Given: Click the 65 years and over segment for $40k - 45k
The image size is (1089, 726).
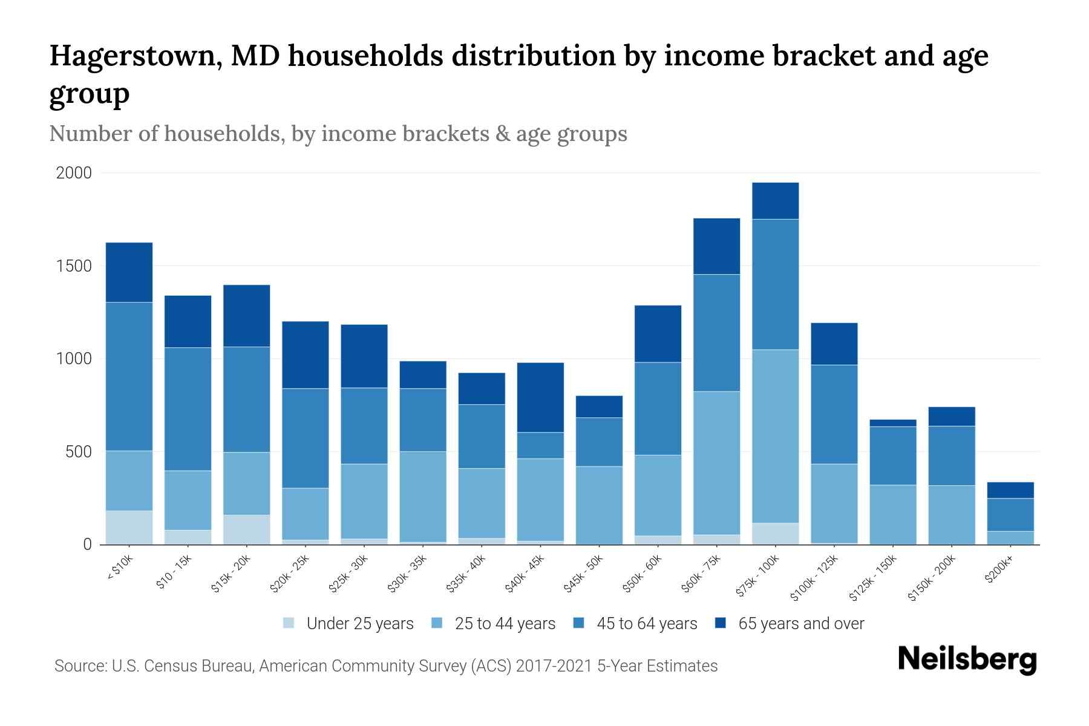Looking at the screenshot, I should tap(540, 397).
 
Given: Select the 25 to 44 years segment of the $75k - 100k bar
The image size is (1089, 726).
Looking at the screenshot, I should tap(775, 436).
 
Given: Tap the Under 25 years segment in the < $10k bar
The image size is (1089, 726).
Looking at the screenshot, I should tap(129, 527).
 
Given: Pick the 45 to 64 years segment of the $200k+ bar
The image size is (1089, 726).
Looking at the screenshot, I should tap(1010, 514).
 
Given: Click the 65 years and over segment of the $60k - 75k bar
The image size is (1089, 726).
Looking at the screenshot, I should tap(716, 246).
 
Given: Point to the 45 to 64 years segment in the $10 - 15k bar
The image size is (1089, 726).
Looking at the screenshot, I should tap(188, 408).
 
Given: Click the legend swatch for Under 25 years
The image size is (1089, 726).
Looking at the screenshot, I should tap(289, 623).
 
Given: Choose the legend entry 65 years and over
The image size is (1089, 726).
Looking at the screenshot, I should tap(800, 623).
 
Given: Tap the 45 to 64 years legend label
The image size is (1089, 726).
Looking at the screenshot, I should tap(646, 623).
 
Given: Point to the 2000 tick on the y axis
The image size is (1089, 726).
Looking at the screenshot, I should tap(74, 173).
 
